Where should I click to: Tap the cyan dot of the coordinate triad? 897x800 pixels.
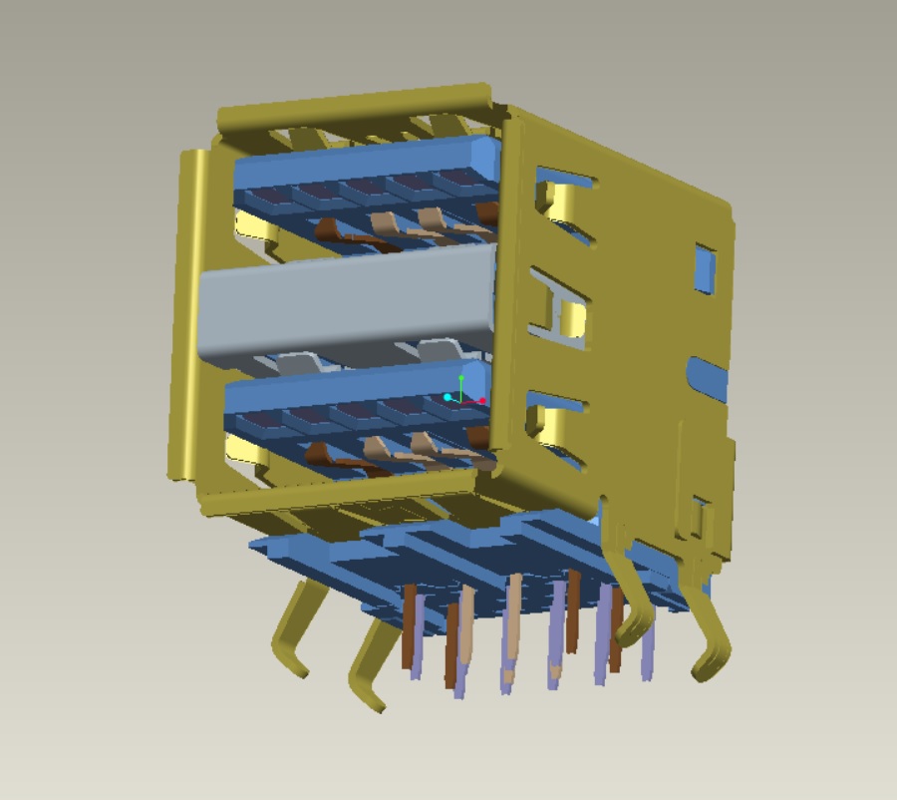[448, 398]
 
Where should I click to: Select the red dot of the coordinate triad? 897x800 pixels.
[482, 401]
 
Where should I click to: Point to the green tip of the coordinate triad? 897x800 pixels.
[460, 379]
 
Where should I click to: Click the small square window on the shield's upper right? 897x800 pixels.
[705, 267]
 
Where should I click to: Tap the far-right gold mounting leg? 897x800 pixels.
[713, 638]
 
